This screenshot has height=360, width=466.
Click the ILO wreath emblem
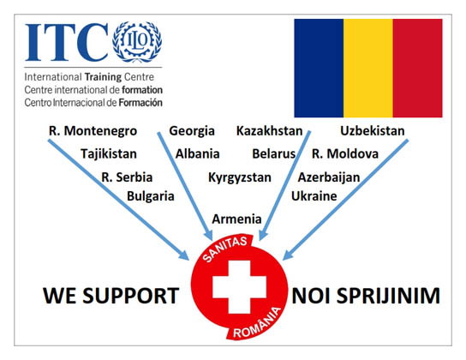tap(137, 42)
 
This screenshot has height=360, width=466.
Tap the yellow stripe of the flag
tap(368, 68)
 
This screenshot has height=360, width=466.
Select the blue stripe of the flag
tap(319, 68)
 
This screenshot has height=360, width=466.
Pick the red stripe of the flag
tap(417, 68)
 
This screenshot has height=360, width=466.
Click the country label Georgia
tap(192, 131)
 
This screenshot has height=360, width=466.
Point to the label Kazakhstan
tap(269, 131)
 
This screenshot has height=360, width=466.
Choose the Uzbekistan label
tap(373, 131)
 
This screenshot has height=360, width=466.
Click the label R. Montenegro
tap(93, 131)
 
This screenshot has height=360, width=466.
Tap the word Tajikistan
tap(109, 154)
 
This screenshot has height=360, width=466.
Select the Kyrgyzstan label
tap(240, 177)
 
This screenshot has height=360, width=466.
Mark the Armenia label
tap(236, 219)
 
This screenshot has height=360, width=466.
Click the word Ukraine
tap(314, 196)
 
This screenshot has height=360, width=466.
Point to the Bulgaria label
tap(151, 196)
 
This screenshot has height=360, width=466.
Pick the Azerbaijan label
tap(329, 177)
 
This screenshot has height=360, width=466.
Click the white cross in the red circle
tap(239, 287)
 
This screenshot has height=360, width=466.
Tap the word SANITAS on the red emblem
tap(225, 249)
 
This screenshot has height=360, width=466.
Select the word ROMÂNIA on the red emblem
tap(257, 323)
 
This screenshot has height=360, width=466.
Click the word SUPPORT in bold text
tap(130, 296)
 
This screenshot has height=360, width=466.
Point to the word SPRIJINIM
tap(388, 296)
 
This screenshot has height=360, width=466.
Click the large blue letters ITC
tap(67, 42)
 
